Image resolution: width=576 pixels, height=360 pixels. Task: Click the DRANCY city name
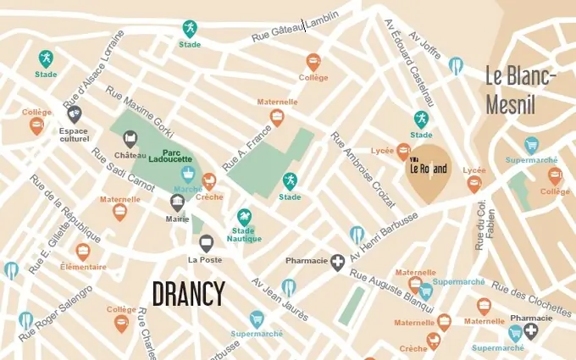click(x=188, y=294)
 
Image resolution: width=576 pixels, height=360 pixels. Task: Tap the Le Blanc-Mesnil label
click(x=521, y=90)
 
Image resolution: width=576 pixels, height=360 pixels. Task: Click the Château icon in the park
click(x=130, y=139)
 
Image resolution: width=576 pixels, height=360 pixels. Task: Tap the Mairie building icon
click(x=177, y=202)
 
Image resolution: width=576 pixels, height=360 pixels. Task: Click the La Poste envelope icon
click(x=206, y=243)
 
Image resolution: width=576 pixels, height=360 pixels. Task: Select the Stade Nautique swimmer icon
click(x=244, y=217)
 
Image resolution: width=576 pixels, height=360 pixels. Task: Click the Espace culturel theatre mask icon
click(x=75, y=114)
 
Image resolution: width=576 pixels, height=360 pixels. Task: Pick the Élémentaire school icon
click(x=83, y=252)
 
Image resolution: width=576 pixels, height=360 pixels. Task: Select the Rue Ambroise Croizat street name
click(x=363, y=169)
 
